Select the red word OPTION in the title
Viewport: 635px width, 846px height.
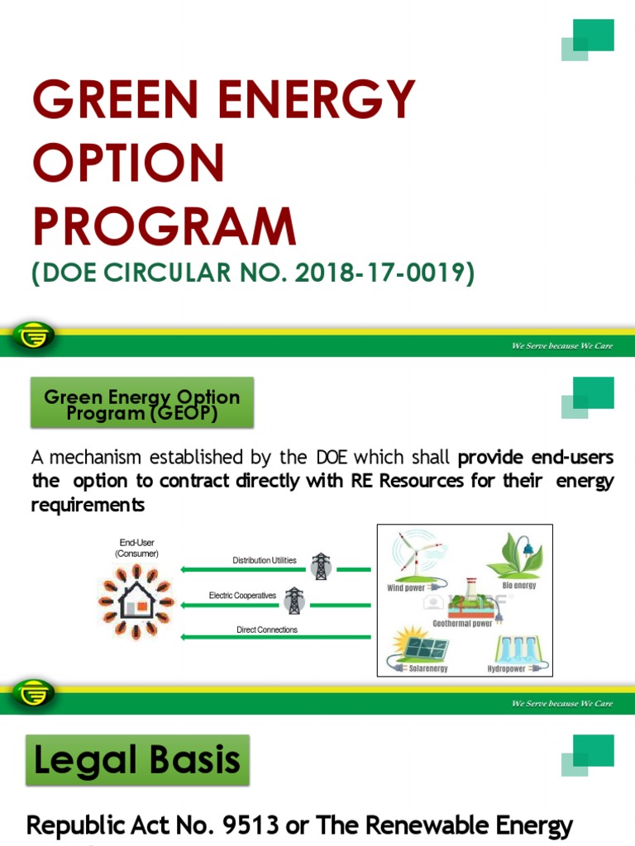(x=128, y=164)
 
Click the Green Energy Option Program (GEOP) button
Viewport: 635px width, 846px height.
(x=142, y=404)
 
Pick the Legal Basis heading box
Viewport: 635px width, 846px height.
(x=137, y=760)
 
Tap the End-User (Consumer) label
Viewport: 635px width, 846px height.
(x=136, y=548)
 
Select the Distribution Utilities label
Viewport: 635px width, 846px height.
(x=264, y=560)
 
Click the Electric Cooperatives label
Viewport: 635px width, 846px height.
(x=242, y=595)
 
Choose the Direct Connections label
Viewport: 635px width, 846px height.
(x=266, y=630)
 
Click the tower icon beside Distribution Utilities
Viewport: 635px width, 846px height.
(x=320, y=566)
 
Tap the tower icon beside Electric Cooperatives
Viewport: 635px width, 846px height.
(x=294, y=601)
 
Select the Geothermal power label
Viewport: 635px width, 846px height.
(x=463, y=624)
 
